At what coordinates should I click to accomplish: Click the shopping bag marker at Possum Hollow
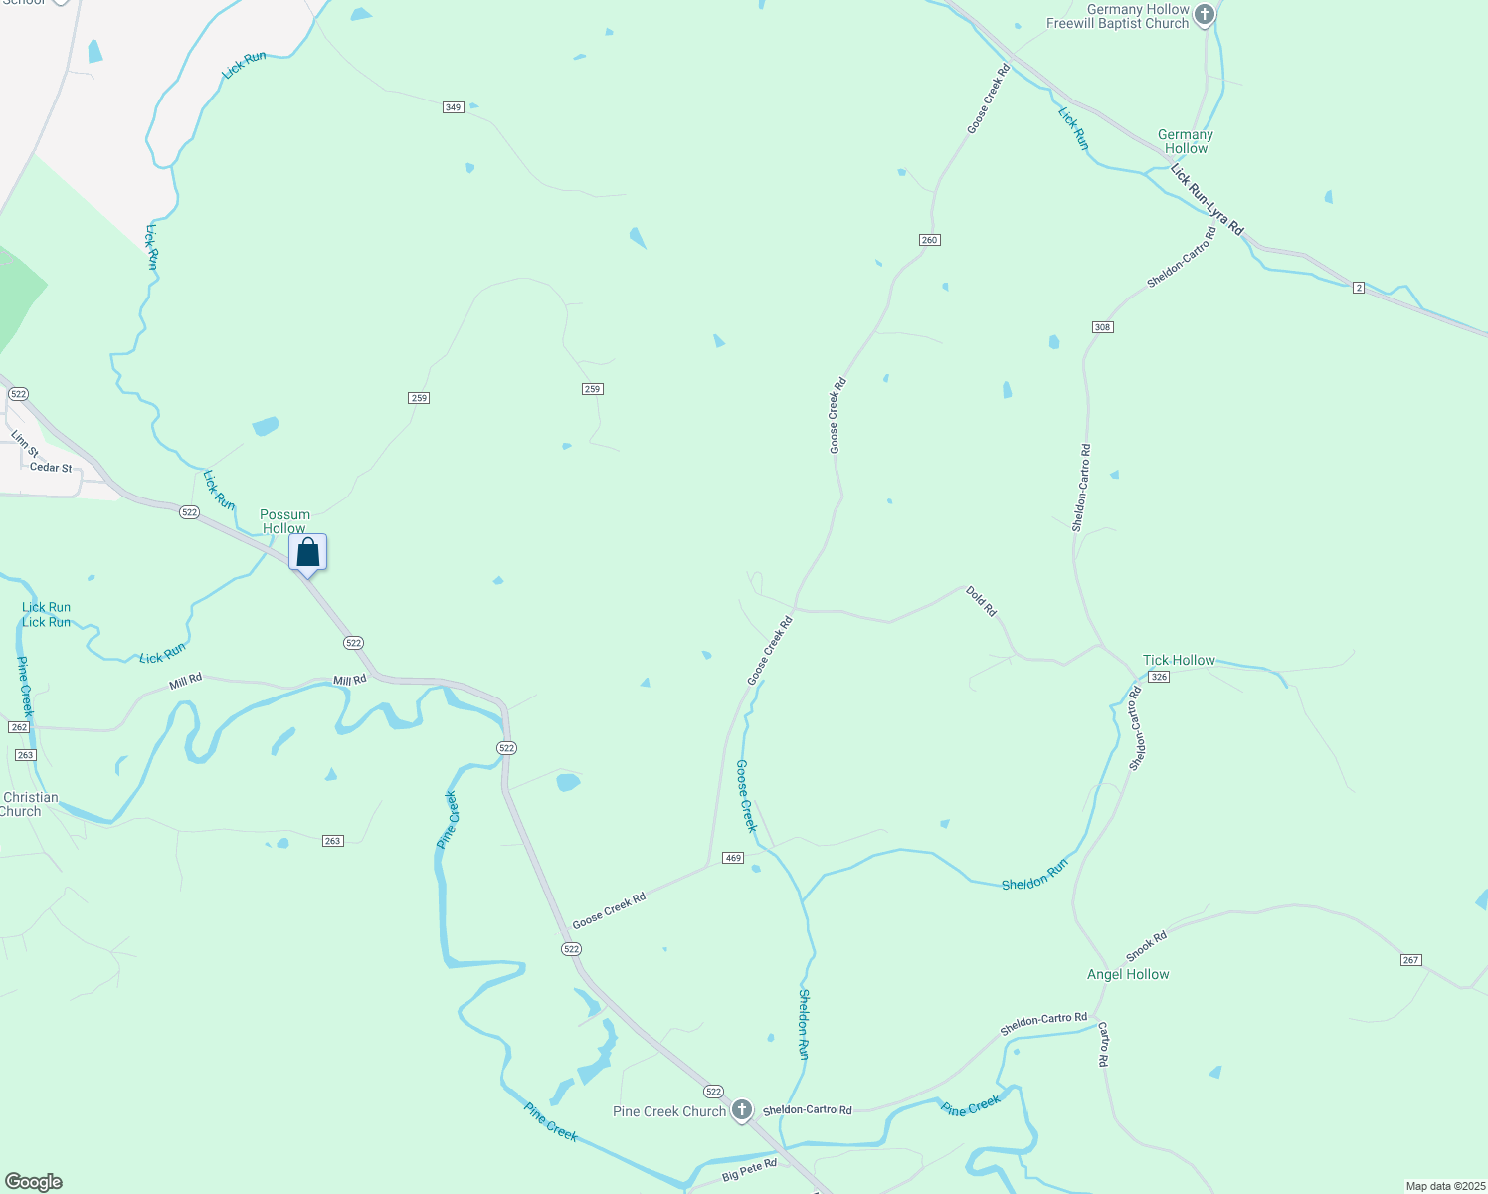click(308, 553)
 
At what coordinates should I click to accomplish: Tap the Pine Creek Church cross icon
click(741, 1110)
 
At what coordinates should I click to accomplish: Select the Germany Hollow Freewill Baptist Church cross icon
click(1205, 15)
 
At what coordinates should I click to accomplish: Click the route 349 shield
click(454, 106)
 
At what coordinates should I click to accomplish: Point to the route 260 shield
click(929, 240)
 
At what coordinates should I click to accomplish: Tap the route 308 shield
click(1102, 327)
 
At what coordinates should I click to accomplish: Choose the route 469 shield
click(733, 858)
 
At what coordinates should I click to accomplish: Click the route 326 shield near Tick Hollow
click(1158, 677)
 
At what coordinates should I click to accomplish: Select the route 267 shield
click(1410, 960)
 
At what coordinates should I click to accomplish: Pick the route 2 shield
click(1359, 288)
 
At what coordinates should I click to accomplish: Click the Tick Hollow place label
click(1179, 660)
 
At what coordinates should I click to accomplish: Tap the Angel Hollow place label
click(1128, 974)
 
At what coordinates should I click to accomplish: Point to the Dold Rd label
click(981, 601)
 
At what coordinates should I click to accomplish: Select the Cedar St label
click(51, 467)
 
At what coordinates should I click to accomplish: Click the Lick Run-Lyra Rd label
click(1207, 200)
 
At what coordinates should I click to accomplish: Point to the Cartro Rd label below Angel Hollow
click(1103, 1046)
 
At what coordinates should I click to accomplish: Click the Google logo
click(34, 1182)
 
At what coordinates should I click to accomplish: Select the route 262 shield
click(19, 727)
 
